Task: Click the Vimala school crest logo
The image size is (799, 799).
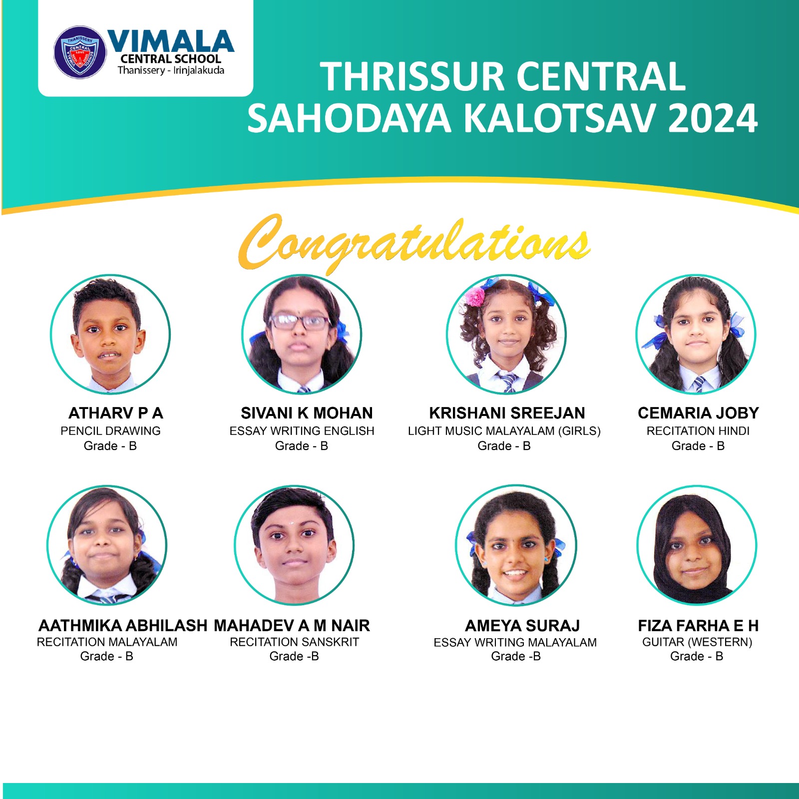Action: [80, 52]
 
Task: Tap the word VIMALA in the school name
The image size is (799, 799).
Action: [171, 41]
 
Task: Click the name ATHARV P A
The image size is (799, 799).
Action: [116, 413]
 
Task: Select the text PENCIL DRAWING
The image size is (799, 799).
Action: [110, 431]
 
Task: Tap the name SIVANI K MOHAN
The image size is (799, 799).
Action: [307, 413]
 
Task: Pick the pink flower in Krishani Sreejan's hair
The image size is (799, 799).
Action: [475, 296]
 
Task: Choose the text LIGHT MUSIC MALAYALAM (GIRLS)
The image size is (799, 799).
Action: [504, 431]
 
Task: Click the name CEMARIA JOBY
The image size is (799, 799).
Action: [698, 413]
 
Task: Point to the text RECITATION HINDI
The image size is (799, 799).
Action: [698, 431]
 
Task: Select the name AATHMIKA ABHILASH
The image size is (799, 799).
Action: [123, 625]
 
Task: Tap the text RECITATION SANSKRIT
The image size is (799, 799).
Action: [295, 642]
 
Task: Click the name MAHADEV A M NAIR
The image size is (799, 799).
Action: [292, 625]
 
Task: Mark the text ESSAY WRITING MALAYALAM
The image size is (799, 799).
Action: [515, 642]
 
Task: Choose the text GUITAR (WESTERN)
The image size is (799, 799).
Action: [697, 642]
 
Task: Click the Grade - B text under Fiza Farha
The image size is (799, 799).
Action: [697, 656]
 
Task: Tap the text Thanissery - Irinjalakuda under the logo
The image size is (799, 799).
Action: [171, 70]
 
